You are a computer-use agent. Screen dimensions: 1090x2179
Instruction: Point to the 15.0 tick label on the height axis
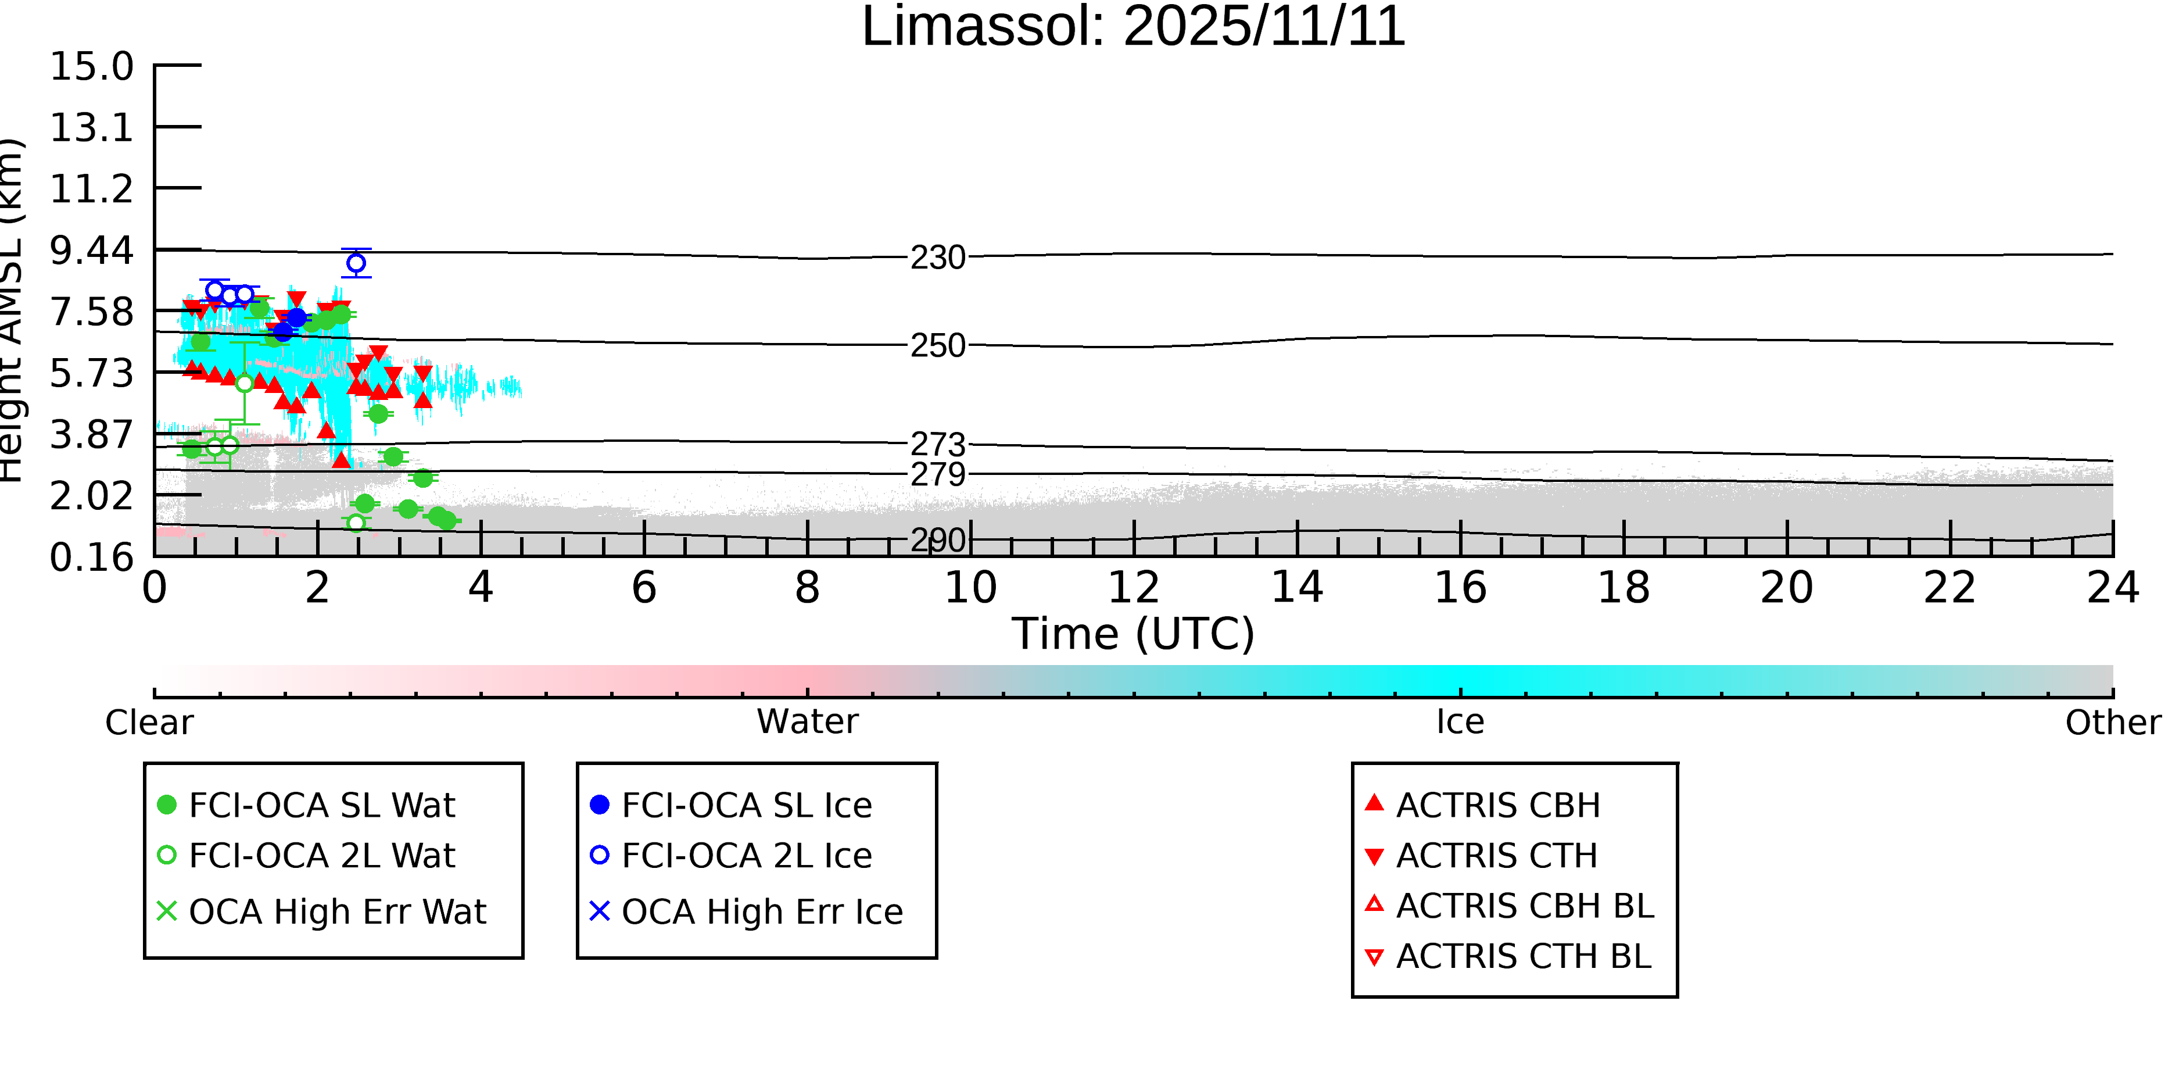click(91, 67)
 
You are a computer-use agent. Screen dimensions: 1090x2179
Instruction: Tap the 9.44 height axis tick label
click(91, 251)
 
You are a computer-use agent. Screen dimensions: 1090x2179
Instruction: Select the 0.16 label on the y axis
click(91, 557)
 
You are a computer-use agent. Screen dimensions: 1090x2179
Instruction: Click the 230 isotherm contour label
click(937, 258)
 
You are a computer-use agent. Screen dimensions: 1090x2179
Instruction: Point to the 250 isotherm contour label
click(937, 346)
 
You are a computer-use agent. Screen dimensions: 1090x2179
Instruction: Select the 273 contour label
click(937, 444)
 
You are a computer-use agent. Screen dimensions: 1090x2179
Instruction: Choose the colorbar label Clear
click(149, 723)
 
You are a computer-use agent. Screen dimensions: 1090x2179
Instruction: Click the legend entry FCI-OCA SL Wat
click(321, 805)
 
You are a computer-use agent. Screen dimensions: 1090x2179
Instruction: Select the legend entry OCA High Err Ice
click(761, 912)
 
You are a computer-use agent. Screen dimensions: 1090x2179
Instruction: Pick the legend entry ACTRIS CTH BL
click(1522, 956)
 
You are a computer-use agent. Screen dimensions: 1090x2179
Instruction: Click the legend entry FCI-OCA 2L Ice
click(746, 856)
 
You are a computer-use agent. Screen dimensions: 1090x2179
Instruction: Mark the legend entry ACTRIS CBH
click(1497, 805)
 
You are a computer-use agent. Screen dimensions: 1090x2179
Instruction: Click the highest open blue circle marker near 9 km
click(356, 263)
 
